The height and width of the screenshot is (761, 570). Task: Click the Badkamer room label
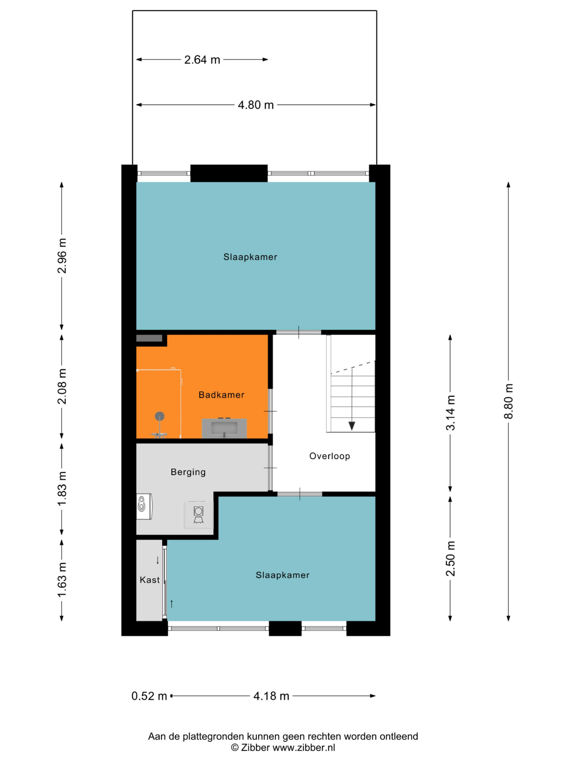point(221,395)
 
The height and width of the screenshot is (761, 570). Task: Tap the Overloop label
point(330,456)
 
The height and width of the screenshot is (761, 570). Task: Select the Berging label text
point(188,472)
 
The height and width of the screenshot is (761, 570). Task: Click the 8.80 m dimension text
point(509,401)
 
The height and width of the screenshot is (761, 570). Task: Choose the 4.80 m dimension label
point(256,105)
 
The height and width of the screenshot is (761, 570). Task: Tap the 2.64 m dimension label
point(202,59)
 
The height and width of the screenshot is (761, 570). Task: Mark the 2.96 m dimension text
point(62,256)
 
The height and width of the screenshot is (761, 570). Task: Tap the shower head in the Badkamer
point(159,416)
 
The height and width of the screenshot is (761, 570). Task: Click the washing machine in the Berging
point(198,515)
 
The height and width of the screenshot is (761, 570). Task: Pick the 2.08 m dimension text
point(62,386)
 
